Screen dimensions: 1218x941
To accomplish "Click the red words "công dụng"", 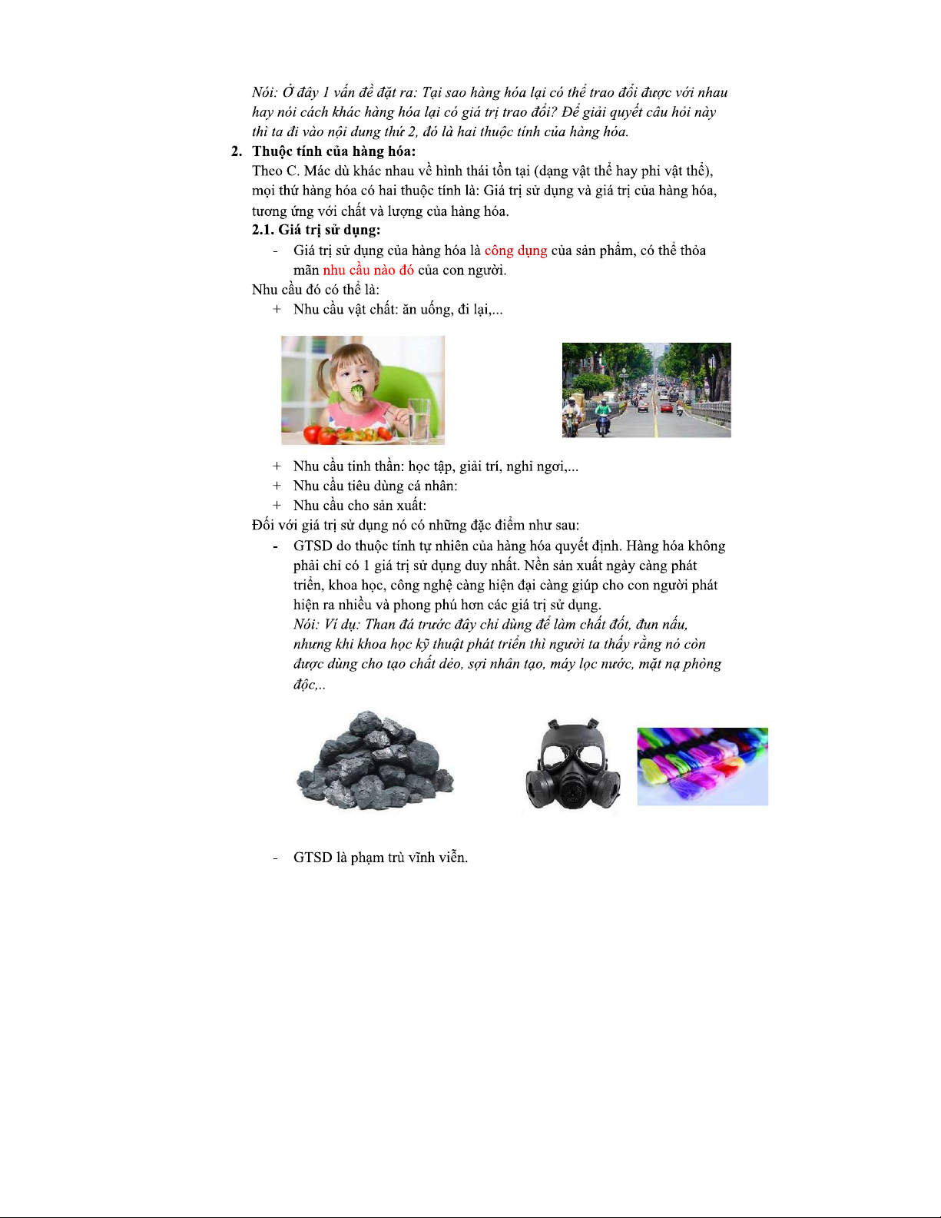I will coord(515,251).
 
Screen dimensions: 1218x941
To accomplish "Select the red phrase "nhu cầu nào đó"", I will coord(368,270).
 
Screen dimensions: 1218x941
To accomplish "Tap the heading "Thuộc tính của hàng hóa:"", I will coord(333,151).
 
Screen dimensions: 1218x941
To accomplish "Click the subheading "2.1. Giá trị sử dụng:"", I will coord(316,230).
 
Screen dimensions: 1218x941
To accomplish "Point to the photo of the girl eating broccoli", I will coord(363,390).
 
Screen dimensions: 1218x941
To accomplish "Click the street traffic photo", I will coord(646,390).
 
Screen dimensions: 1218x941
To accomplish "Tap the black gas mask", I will coord(572,765).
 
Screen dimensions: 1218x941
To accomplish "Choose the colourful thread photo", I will coord(702,766).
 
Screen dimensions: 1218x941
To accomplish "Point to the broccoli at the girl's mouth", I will coord(358,393).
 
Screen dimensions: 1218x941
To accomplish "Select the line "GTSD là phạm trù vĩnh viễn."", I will coord(380,858).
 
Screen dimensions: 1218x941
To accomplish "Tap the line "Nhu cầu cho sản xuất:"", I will coord(360,506).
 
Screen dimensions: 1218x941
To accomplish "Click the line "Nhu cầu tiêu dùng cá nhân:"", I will coord(375,486).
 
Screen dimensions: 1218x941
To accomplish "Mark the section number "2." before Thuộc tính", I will coord(237,151).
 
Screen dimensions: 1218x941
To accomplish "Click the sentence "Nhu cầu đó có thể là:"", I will coord(316,290).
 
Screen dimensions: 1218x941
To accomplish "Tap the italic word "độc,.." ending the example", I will coord(309,684).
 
